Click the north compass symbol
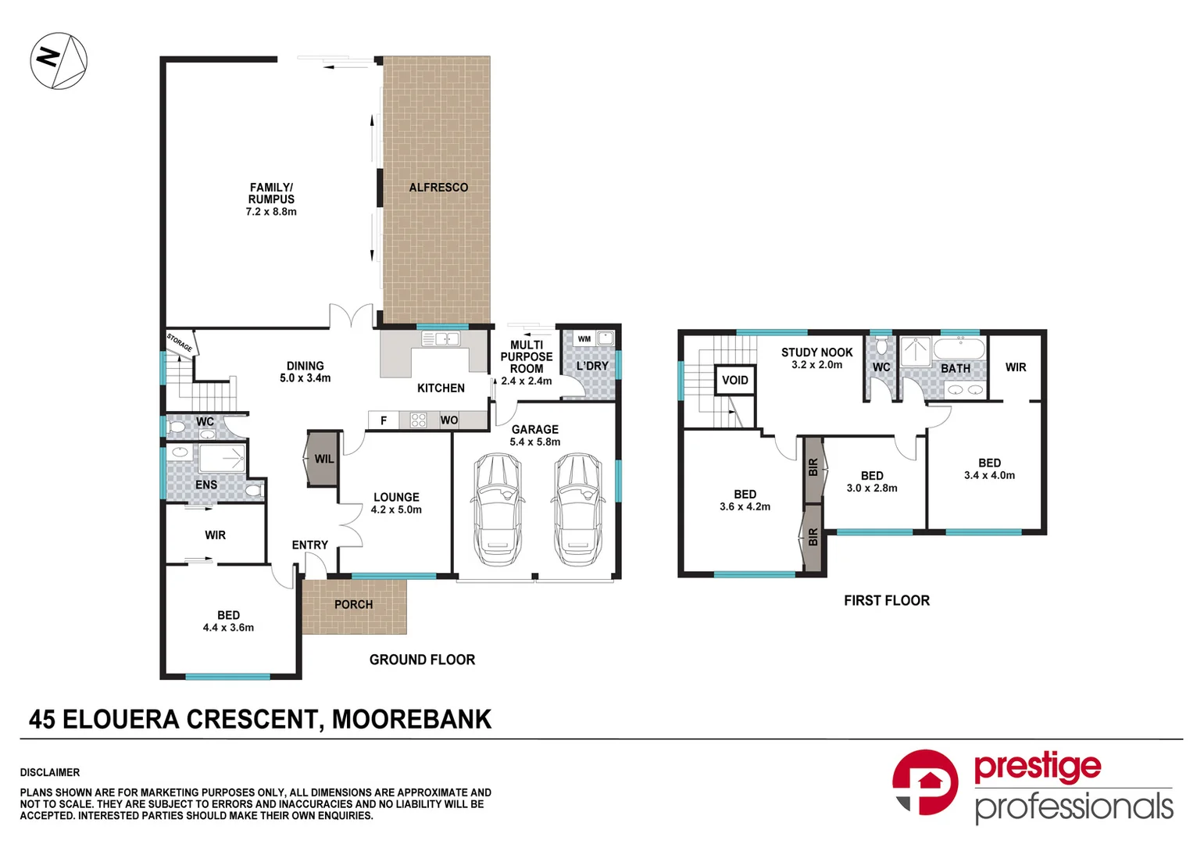(59, 61)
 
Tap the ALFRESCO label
(438, 188)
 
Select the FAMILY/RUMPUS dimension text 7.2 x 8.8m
(271, 212)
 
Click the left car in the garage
(497, 509)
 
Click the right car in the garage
(578, 509)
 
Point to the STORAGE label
(180, 342)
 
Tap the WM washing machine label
(584, 339)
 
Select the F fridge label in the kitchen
(384, 420)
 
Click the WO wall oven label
(449, 420)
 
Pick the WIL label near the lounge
(324, 459)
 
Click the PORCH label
(354, 605)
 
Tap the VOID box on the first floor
(735, 381)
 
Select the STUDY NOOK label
(816, 352)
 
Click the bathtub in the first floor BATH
(959, 349)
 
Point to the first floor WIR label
(1016, 367)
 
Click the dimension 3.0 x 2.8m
(872, 488)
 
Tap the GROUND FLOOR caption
(422, 660)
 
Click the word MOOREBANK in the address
(412, 719)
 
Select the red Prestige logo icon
(926, 781)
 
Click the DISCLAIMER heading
(50, 772)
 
